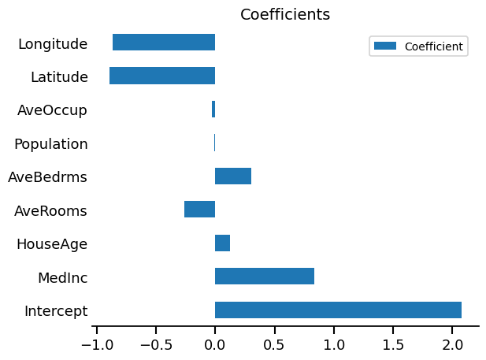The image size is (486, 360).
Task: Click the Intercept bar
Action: pos(338,310)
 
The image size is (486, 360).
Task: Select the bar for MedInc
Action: pos(265,276)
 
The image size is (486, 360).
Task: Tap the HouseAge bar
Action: pos(222,243)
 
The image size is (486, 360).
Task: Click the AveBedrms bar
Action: pos(233,176)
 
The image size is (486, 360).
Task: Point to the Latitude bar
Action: pos(162,76)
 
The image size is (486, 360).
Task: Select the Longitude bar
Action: pos(164,43)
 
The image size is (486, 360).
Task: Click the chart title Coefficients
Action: pos(285,14)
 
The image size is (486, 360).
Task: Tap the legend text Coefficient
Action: pos(433,46)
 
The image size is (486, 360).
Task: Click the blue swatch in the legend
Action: pos(385,46)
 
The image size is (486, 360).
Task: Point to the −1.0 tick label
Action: pos(96,344)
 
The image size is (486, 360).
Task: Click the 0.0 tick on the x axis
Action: pos(215,344)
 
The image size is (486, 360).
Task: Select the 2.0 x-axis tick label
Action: pos(452,344)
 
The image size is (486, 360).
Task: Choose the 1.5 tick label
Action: pos(393,344)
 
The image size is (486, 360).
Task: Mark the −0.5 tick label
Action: pos(155,344)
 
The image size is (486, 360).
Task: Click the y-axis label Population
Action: pos(51,143)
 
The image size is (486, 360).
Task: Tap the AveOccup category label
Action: pos(52,110)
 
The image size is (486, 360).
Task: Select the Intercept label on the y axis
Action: pos(56,310)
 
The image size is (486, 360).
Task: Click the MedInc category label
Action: pos(62,277)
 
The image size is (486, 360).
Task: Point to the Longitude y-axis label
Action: pos(53,43)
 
